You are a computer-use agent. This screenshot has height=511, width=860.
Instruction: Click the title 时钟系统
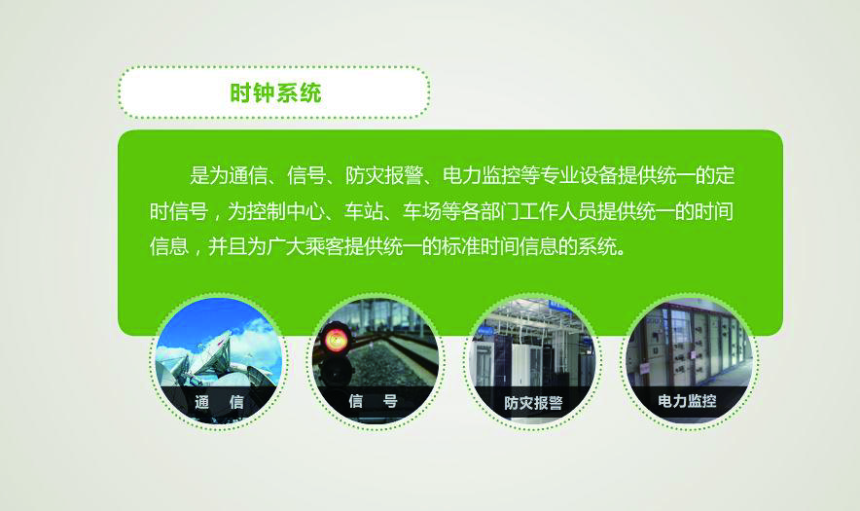coord(275,92)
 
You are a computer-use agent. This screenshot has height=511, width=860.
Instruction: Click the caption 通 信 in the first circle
coord(219,402)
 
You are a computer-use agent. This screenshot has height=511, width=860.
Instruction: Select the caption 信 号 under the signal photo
coord(373,401)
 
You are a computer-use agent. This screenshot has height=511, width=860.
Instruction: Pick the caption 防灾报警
coord(533,403)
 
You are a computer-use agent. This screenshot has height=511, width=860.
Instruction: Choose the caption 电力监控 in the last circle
coord(687,401)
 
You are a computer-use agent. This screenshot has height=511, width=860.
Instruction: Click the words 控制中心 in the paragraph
coord(285,211)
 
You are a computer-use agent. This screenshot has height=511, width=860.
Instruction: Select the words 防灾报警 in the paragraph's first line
coord(384,175)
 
